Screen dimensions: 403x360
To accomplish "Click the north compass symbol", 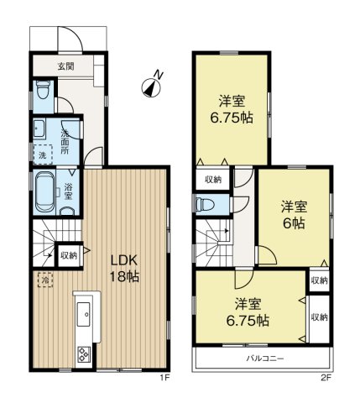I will click(151, 84).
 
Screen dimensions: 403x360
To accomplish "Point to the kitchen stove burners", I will click(84, 353).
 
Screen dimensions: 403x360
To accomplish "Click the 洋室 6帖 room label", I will click(292, 212).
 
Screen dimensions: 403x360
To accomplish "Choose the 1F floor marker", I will click(165, 377).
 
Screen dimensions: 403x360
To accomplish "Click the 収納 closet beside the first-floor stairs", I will click(68, 254).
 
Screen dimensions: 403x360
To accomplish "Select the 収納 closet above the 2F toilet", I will click(212, 178).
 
